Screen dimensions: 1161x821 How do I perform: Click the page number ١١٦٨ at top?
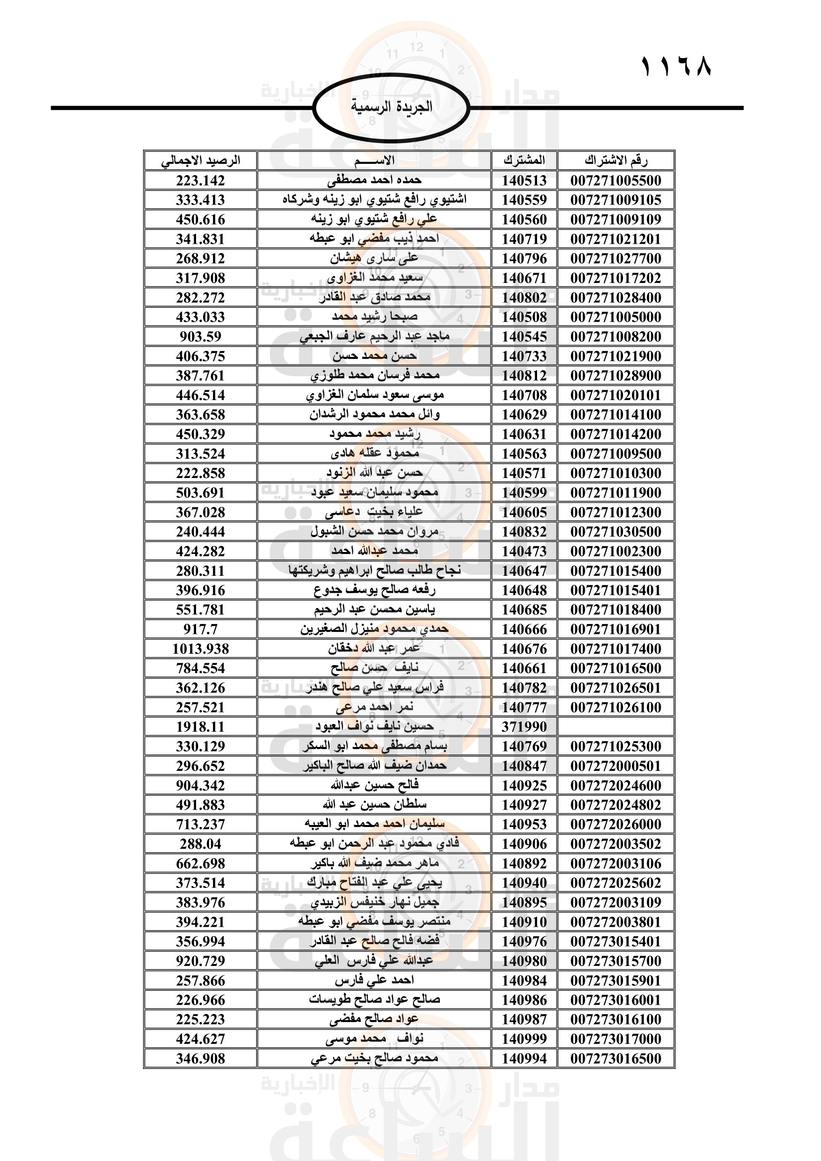(x=676, y=67)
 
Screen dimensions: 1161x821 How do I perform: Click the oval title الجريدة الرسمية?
(x=391, y=107)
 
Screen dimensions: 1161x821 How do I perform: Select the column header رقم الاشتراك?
(x=616, y=160)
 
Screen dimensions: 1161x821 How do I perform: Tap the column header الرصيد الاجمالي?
(x=200, y=160)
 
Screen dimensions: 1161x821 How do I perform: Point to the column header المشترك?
(x=524, y=160)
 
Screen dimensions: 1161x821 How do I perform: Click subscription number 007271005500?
(x=616, y=181)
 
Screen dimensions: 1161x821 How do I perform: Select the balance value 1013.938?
(x=200, y=649)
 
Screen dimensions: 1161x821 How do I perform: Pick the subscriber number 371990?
(x=524, y=727)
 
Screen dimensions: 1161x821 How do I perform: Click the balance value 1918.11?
(x=200, y=727)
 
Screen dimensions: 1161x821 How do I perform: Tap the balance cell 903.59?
(x=200, y=337)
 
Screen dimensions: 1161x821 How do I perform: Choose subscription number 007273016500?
(x=616, y=1058)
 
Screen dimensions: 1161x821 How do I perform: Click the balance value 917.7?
(x=200, y=629)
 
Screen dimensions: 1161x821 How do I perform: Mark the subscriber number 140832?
(x=524, y=532)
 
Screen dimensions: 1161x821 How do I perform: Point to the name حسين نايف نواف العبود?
(x=374, y=727)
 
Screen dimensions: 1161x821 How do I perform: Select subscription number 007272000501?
(x=616, y=766)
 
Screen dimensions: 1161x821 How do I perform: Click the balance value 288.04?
(x=200, y=844)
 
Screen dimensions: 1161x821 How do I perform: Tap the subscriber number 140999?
(x=524, y=1038)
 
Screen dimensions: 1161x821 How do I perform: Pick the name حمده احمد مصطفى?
(x=374, y=181)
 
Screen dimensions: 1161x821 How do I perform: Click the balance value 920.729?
(x=200, y=961)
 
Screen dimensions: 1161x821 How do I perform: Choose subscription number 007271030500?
(x=616, y=532)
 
